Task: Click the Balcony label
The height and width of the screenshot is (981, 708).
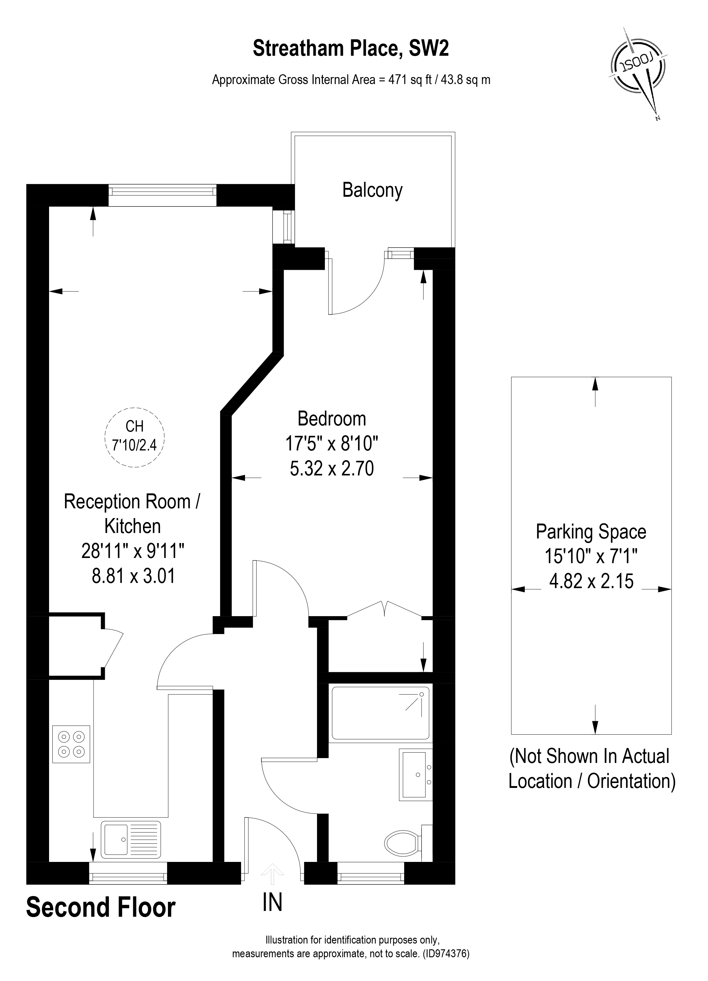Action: (x=372, y=190)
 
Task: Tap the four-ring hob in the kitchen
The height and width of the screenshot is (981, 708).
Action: (x=71, y=744)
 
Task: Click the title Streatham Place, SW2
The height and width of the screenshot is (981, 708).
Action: (x=350, y=48)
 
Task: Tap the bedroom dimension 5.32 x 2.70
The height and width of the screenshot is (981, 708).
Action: (x=332, y=468)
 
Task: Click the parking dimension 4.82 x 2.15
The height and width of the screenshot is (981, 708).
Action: (x=591, y=581)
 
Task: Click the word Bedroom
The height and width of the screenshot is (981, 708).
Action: (x=332, y=419)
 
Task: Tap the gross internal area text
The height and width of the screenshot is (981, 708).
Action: (x=350, y=80)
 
